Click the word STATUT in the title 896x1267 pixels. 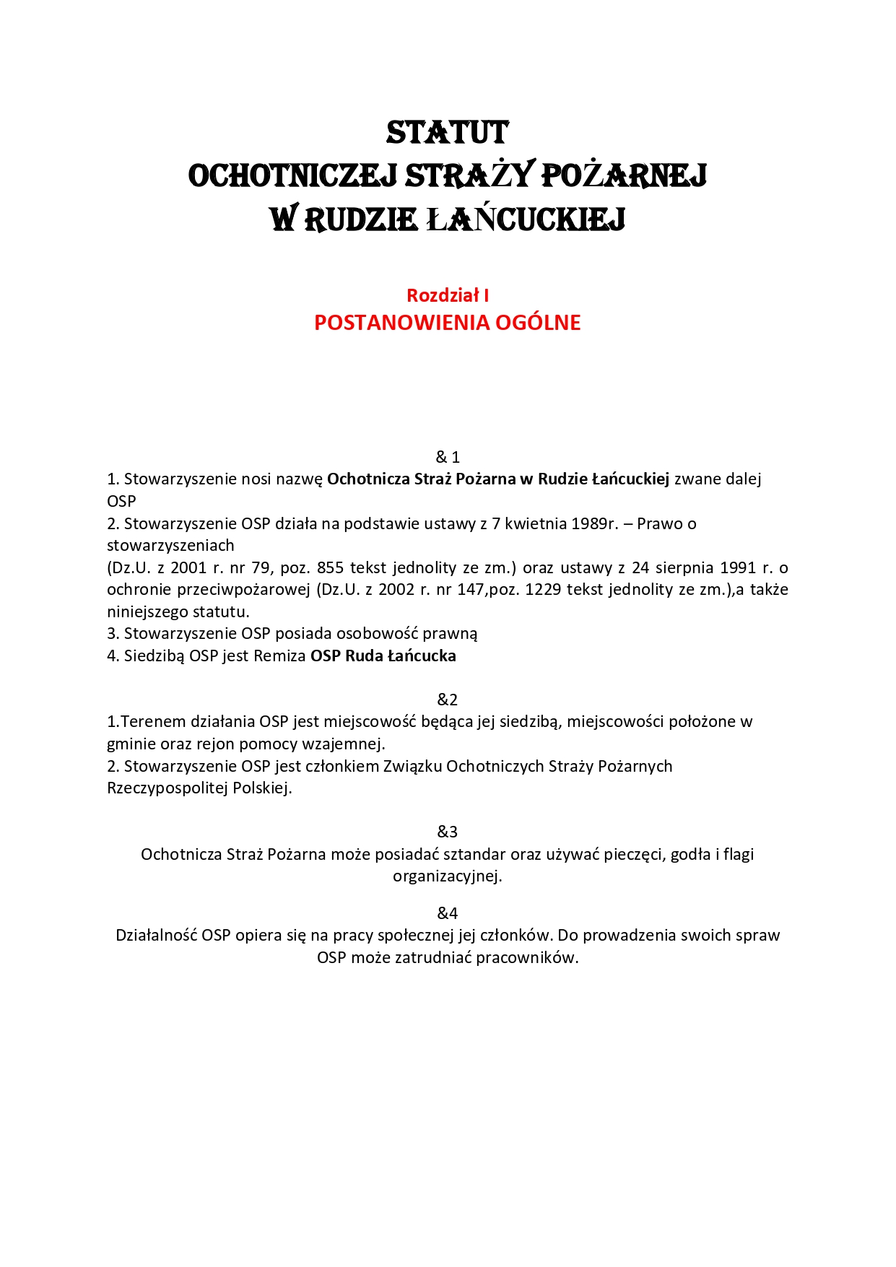pos(448,133)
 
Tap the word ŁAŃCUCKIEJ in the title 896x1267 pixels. pos(525,219)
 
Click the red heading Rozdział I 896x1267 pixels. pos(448,295)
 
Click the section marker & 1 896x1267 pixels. pos(448,457)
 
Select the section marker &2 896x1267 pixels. pos(448,700)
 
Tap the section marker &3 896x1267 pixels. pos(448,832)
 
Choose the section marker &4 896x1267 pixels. pos(448,913)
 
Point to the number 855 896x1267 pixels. pos(330,567)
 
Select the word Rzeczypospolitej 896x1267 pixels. pos(168,788)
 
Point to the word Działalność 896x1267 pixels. pos(156,935)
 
